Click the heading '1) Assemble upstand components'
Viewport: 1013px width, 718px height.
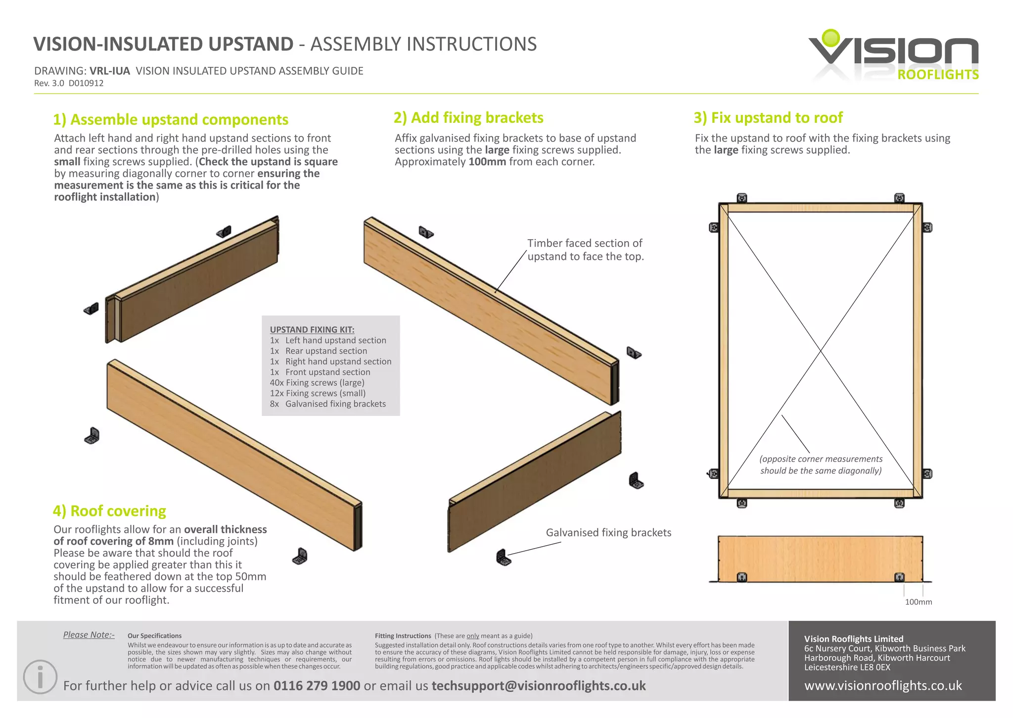click(x=171, y=119)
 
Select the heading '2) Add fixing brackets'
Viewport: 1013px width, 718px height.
click(x=468, y=117)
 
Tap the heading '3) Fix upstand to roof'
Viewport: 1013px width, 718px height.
click(x=768, y=117)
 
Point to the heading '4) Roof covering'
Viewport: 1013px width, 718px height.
click(x=109, y=511)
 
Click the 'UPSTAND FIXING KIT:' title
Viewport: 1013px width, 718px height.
click(x=312, y=329)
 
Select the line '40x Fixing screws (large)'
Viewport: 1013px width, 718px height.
click(x=317, y=382)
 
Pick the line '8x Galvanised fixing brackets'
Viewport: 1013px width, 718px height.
click(x=327, y=404)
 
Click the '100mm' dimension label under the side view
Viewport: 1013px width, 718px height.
click(x=918, y=602)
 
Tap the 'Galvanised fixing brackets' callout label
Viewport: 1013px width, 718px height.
click(x=608, y=532)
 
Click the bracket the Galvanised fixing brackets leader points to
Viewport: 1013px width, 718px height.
click(x=503, y=558)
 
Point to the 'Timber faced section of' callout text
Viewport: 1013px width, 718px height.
click(x=584, y=243)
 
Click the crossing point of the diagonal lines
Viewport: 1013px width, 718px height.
click(x=821, y=351)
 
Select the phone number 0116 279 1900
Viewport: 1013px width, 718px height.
click(x=317, y=685)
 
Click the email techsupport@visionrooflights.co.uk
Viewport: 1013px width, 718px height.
click(x=538, y=685)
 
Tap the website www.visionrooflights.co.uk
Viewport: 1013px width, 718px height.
click(x=883, y=685)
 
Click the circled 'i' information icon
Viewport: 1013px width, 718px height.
click(x=40, y=676)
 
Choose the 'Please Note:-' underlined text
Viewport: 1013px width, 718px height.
click(x=89, y=635)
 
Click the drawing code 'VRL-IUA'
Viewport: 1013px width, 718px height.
click(x=109, y=71)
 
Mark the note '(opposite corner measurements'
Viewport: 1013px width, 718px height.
click(x=821, y=459)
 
